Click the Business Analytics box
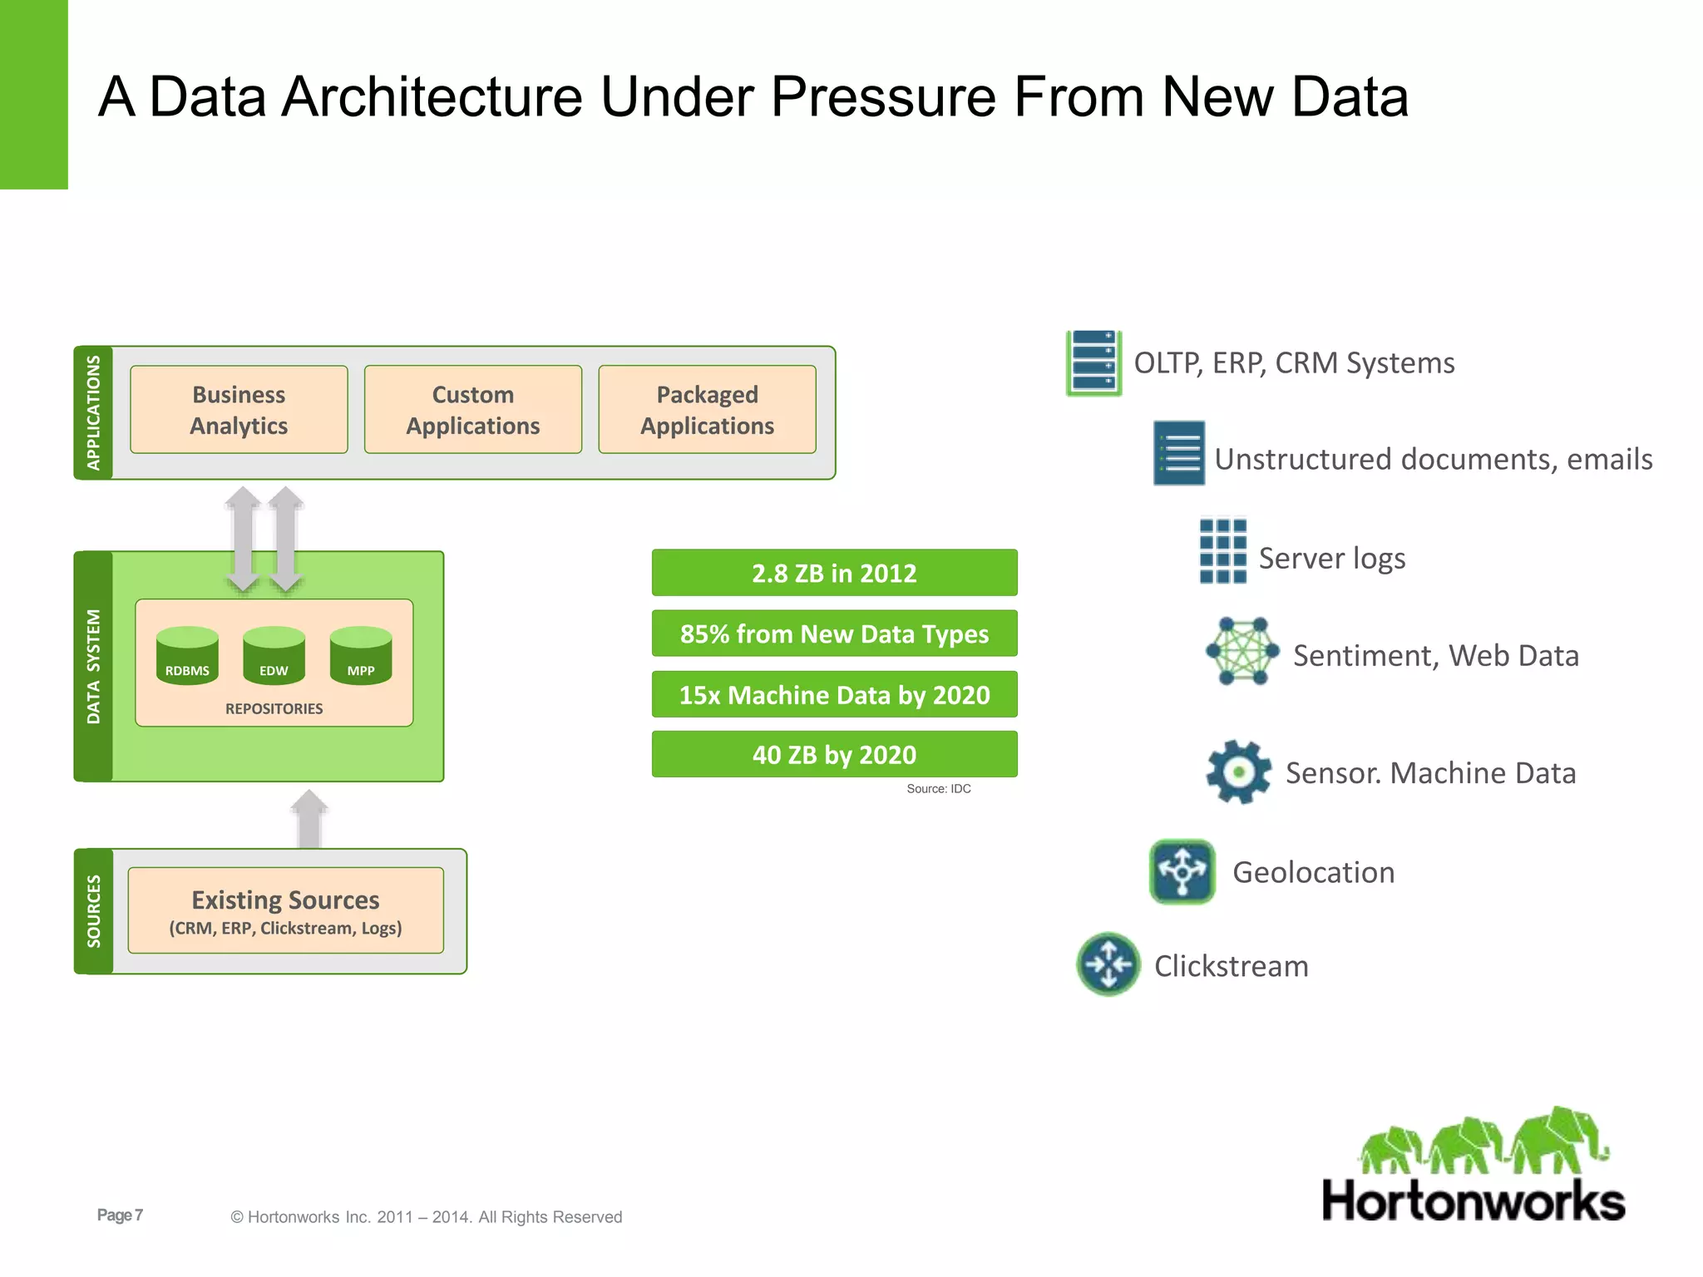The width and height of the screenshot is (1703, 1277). point(239,409)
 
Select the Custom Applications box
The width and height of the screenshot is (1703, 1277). point(472,409)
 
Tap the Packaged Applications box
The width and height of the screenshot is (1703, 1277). point(707,409)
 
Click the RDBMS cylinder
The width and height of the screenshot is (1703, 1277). point(187,656)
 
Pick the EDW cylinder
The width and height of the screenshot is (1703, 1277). point(274,656)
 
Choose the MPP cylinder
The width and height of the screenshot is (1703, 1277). point(361,656)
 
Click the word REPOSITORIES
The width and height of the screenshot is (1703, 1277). point(274,708)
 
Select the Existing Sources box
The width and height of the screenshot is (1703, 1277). point(285,910)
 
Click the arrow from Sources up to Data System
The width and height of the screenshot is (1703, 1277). point(309,818)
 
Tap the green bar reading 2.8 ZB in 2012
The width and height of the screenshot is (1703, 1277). point(834,573)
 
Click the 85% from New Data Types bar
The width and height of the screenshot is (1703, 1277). point(834,634)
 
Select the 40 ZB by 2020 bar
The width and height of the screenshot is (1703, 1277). point(834,754)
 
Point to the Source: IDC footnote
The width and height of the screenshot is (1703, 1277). point(938,789)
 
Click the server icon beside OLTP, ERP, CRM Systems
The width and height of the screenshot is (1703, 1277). point(1093,362)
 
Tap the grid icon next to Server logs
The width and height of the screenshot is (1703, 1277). point(1222,551)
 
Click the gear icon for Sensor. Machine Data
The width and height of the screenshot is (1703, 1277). point(1238,772)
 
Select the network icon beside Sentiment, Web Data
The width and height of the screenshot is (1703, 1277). point(1242,651)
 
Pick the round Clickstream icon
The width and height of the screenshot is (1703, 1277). point(1108,964)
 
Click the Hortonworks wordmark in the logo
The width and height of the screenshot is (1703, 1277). point(1473,1201)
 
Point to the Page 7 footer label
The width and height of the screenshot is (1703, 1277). point(120,1215)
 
